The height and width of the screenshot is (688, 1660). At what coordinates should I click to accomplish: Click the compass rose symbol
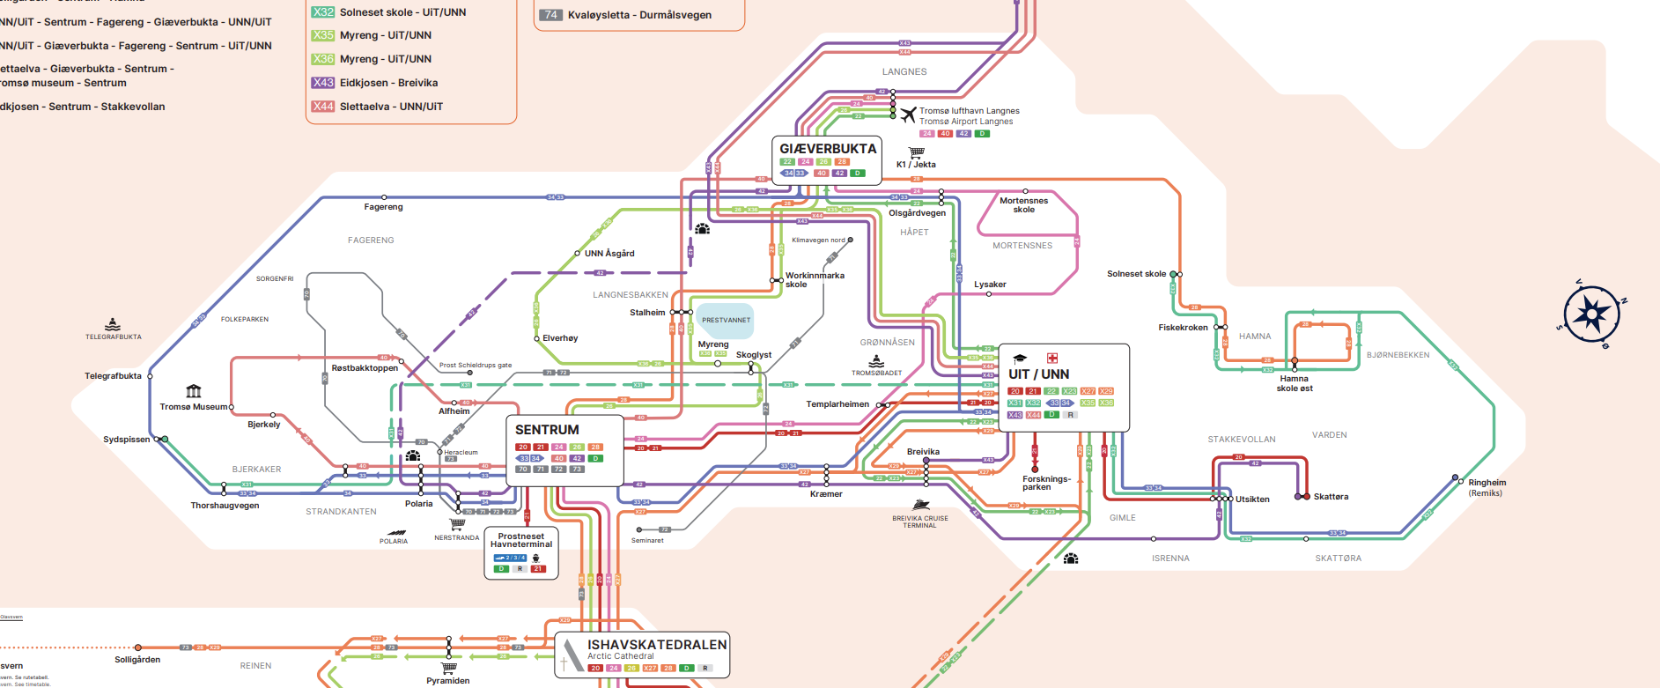click(1591, 314)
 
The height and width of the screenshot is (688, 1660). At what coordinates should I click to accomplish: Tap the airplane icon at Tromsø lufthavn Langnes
click(908, 115)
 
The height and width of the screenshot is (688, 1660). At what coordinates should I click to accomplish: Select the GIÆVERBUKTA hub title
click(828, 149)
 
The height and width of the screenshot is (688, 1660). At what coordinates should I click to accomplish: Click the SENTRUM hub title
click(547, 430)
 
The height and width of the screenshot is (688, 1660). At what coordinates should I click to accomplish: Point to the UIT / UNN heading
click(1038, 374)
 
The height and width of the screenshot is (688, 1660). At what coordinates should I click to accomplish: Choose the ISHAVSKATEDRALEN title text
click(657, 645)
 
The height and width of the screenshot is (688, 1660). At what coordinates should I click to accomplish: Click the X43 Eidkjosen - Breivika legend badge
click(323, 83)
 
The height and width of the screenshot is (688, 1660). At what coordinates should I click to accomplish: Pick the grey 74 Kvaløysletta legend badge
click(550, 15)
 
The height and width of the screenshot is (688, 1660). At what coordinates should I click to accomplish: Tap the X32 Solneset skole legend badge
click(323, 12)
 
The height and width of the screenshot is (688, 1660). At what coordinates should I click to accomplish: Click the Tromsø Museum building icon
click(194, 391)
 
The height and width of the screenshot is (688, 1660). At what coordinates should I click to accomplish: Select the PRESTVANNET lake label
click(727, 321)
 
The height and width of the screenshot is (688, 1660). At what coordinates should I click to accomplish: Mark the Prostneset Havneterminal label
click(521, 540)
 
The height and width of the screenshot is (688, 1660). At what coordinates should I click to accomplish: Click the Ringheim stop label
click(1487, 483)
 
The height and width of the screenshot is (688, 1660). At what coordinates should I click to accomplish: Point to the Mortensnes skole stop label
click(1023, 205)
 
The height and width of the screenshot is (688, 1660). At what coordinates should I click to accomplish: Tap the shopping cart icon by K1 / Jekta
click(917, 152)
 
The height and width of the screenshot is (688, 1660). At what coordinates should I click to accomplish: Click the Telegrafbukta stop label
click(113, 376)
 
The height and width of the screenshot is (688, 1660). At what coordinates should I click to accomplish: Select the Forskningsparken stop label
click(1046, 483)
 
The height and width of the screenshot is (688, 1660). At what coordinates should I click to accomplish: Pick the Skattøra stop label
click(1331, 497)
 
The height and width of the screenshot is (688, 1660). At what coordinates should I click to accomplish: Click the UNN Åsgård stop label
click(609, 254)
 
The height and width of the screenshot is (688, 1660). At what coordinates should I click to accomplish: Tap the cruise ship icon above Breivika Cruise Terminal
click(920, 505)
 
